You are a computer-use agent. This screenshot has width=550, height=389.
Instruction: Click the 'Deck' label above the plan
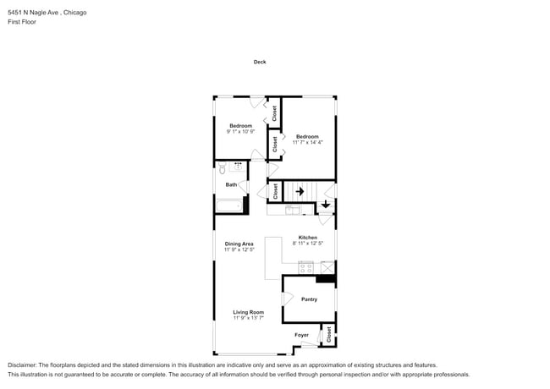tap(260, 62)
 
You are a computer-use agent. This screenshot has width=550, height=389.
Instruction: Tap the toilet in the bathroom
tap(223, 169)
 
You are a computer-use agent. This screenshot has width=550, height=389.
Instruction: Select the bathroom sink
tap(238, 167)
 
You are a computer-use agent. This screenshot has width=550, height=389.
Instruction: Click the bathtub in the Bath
tap(229, 205)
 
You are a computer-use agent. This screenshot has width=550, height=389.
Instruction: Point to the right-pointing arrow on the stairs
tap(299, 191)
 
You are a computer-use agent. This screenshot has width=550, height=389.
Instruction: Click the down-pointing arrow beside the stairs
tap(325, 204)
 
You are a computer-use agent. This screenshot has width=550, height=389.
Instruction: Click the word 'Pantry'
tap(309, 299)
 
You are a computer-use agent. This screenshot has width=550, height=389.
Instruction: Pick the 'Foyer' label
tap(301, 335)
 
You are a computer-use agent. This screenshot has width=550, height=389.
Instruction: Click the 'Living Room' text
tap(249, 312)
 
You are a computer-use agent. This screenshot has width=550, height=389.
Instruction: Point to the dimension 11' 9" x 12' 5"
tap(239, 250)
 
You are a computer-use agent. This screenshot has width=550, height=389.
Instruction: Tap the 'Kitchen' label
tap(307, 237)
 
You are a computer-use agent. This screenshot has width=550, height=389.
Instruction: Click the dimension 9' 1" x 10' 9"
tap(240, 132)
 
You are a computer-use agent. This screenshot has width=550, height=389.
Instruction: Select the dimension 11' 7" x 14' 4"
tap(307, 143)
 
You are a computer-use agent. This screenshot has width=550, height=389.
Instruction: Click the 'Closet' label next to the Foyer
tap(329, 334)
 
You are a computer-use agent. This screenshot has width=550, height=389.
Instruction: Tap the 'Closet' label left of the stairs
tap(275, 192)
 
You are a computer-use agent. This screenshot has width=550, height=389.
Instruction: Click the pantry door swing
tap(288, 299)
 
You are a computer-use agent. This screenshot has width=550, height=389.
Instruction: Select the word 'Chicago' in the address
tap(74, 13)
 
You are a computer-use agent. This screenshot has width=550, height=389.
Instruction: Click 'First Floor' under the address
tap(23, 22)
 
